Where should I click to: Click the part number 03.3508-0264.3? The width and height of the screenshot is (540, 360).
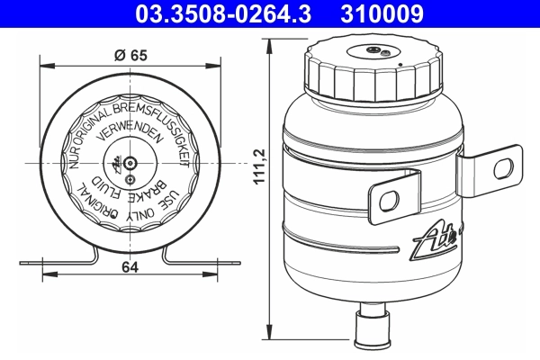coord(230,13)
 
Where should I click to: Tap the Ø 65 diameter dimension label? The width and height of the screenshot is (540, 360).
coord(132,54)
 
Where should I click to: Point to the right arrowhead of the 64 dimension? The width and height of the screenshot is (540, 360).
coord(214,267)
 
